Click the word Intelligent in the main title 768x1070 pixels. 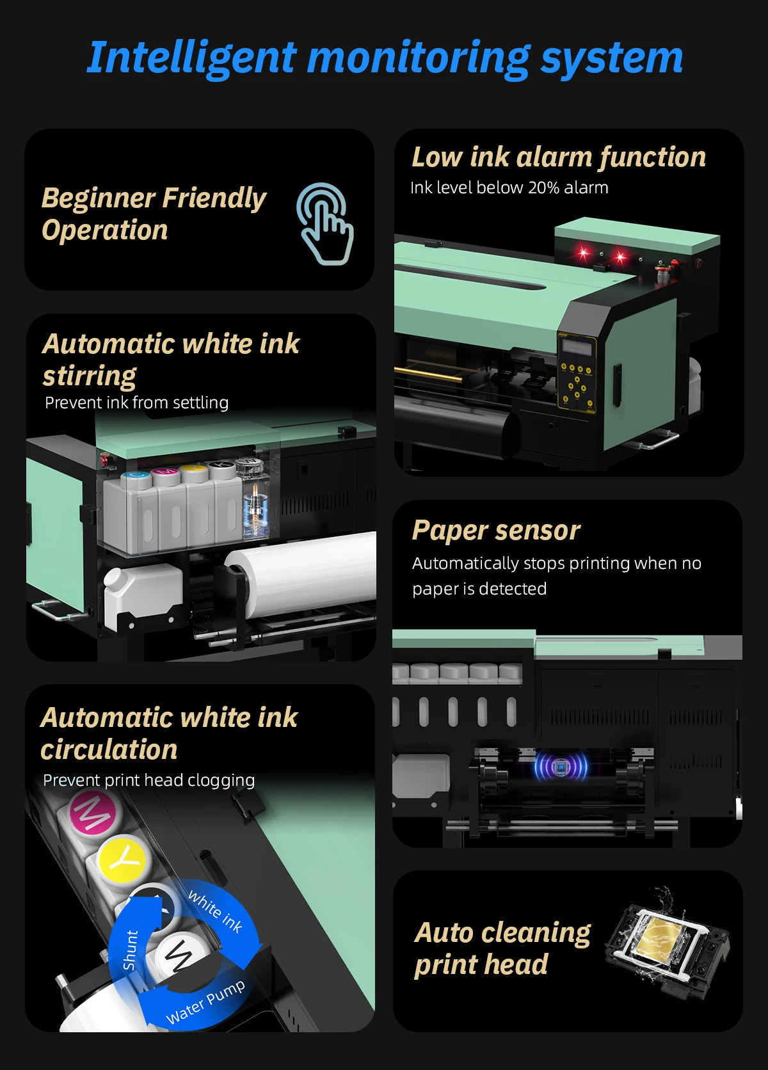(192, 58)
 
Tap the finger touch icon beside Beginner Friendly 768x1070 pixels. (325, 224)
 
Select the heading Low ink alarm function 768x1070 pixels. (558, 157)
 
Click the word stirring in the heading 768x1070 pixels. (90, 376)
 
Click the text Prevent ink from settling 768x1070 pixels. (136, 403)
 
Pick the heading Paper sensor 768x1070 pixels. (496, 531)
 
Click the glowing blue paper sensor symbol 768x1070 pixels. (561, 766)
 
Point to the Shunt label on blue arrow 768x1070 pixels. (130, 950)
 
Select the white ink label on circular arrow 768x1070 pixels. (215, 910)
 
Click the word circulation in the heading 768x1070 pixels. (109, 750)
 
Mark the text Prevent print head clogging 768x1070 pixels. (148, 780)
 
